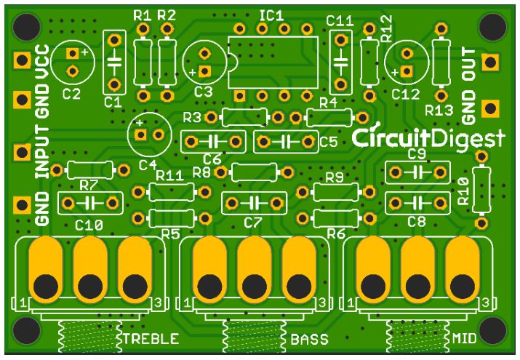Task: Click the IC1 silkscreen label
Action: tap(271, 15)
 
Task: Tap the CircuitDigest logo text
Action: tap(428, 138)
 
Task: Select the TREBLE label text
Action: tap(151, 339)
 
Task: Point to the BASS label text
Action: tap(309, 339)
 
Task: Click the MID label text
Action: tap(464, 338)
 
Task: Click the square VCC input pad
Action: tap(23, 60)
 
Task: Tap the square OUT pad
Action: tap(490, 62)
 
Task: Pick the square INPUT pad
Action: tap(23, 152)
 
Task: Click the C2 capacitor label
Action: tap(71, 95)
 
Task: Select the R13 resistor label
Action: tap(439, 111)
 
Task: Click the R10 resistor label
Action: tap(463, 191)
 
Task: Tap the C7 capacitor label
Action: tap(252, 223)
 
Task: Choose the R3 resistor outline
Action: tap(245, 117)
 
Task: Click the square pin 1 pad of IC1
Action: tap(239, 96)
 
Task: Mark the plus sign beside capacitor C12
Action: tap(395, 73)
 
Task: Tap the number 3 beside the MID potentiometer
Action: tap(486, 303)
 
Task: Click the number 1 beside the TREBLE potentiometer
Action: tap(23, 303)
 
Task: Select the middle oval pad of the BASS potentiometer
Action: tap(254, 270)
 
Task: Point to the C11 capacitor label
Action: tap(340, 21)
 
